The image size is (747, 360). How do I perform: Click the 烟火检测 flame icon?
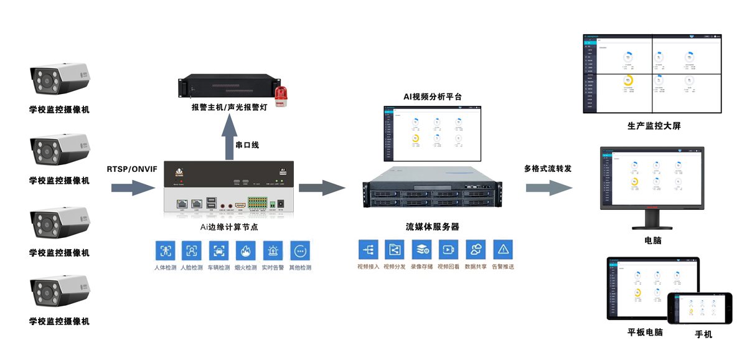pyautogui.click(x=245, y=251)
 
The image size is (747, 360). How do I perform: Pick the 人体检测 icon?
pyautogui.click(x=165, y=251)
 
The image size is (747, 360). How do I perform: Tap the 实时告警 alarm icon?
pyautogui.click(x=273, y=251)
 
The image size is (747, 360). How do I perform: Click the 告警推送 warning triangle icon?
pyautogui.click(x=502, y=250)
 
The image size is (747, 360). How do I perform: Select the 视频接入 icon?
pyautogui.click(x=368, y=250)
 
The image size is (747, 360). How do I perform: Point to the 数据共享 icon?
pyautogui.click(x=476, y=250)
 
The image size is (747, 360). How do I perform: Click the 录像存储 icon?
pyautogui.click(x=421, y=250)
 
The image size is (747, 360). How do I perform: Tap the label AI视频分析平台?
pyautogui.click(x=433, y=97)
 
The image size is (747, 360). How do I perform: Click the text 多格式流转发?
pyautogui.click(x=548, y=169)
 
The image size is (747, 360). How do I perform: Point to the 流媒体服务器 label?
pyautogui.click(x=432, y=227)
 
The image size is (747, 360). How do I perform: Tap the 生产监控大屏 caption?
pyautogui.click(x=654, y=126)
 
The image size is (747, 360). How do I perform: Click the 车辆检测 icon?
pyautogui.click(x=218, y=251)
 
